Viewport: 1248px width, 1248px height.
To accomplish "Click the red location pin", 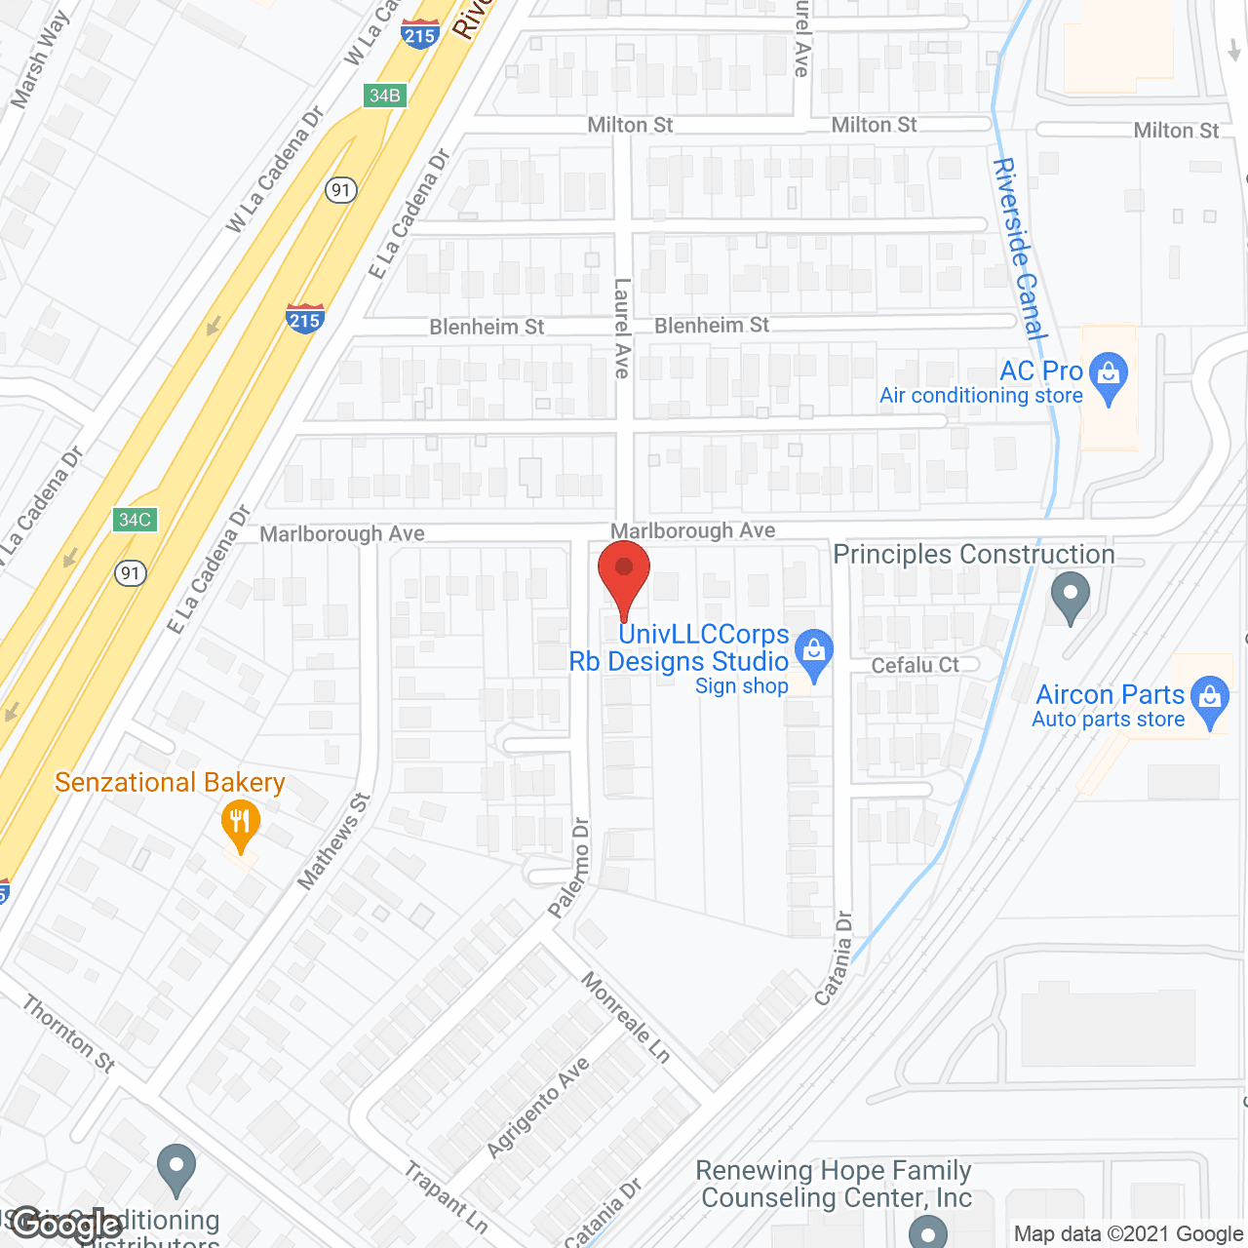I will [x=624, y=575].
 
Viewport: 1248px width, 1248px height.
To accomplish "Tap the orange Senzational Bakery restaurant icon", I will [x=240, y=825].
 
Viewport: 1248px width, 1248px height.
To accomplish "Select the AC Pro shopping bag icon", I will [x=1108, y=376].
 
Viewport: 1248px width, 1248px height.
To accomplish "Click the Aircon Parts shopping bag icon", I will [x=1210, y=700].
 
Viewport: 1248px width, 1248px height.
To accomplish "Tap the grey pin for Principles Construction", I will [x=1070, y=596].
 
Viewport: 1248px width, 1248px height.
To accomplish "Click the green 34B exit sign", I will [x=385, y=96].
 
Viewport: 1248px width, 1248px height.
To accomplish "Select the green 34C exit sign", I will [x=135, y=520].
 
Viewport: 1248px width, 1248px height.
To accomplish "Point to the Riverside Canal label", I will [x=1019, y=249].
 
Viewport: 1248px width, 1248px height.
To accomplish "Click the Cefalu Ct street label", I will [x=915, y=665].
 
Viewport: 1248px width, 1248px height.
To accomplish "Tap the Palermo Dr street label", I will [x=569, y=868].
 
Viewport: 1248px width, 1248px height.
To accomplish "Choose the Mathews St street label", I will [x=334, y=841].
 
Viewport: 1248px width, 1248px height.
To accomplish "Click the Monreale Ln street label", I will [x=626, y=1017].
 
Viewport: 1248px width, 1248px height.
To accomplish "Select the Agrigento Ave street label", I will [x=538, y=1107].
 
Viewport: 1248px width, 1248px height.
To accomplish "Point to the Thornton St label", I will [x=69, y=1033].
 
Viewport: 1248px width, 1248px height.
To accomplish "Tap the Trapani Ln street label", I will [x=447, y=1196].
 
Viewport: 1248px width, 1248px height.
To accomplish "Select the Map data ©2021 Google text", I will [x=1128, y=1234].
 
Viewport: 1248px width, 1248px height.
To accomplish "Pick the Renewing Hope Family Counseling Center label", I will [x=835, y=1184].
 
